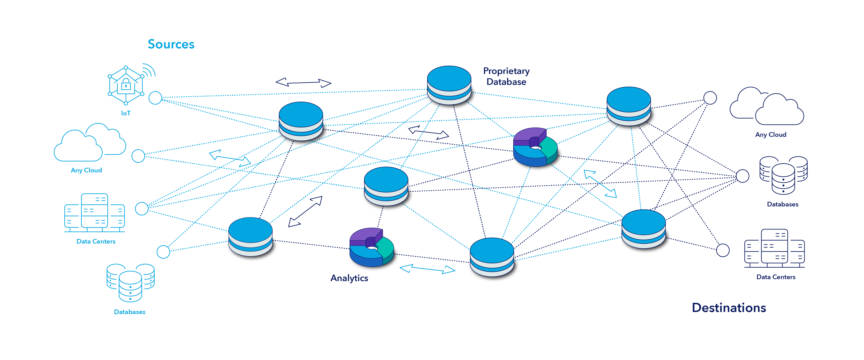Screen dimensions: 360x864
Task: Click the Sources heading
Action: pos(171,44)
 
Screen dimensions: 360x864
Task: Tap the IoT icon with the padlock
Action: pos(126,84)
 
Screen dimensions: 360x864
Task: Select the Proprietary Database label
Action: pos(506,77)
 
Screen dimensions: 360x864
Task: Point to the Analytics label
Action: pos(349,278)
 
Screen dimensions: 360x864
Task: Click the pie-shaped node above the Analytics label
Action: pos(372,248)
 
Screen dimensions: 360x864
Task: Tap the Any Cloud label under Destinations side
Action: pos(770,135)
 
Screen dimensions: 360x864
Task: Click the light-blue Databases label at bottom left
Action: pos(129,312)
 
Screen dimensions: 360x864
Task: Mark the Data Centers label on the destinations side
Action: pos(776,277)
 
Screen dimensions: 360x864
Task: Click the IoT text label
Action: pos(126,113)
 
